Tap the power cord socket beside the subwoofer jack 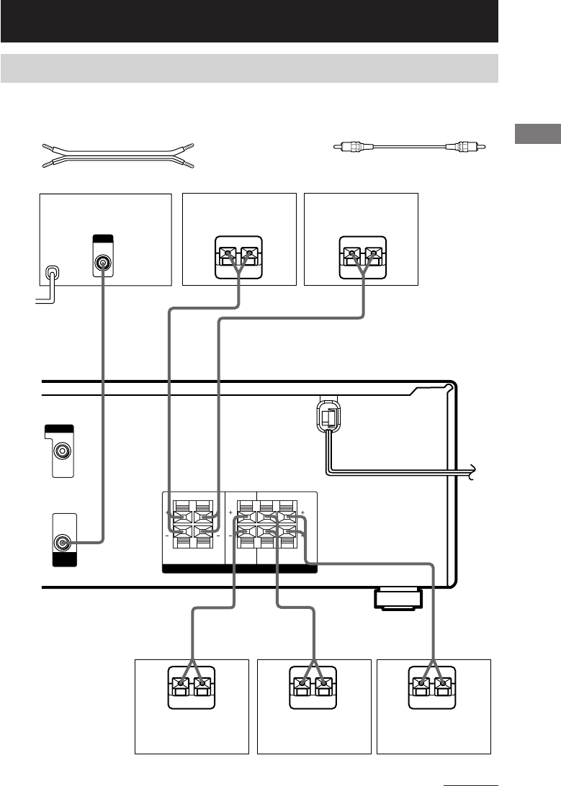pyautogui.click(x=52, y=274)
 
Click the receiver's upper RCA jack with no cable pyautogui.click(x=63, y=452)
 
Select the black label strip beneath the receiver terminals pyautogui.click(x=239, y=569)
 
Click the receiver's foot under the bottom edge pyautogui.click(x=398, y=600)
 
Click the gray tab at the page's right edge pyautogui.click(x=537, y=135)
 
